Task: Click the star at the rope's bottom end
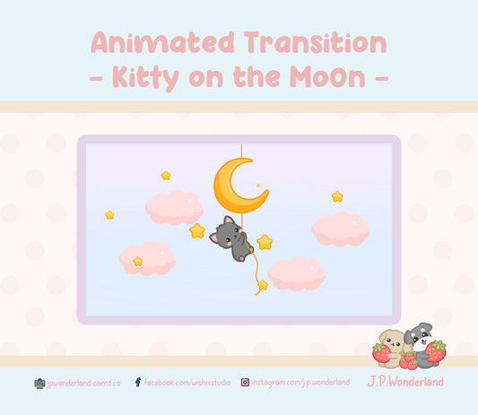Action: (262, 285)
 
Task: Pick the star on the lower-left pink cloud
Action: (137, 261)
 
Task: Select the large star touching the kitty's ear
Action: (197, 230)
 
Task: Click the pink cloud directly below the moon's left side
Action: (174, 207)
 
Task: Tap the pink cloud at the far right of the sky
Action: (340, 229)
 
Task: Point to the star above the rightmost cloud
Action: (337, 195)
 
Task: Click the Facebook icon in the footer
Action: (137, 383)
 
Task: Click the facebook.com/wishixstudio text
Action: (187, 383)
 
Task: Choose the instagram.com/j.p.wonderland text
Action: (300, 383)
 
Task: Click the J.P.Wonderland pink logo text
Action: (405, 382)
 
